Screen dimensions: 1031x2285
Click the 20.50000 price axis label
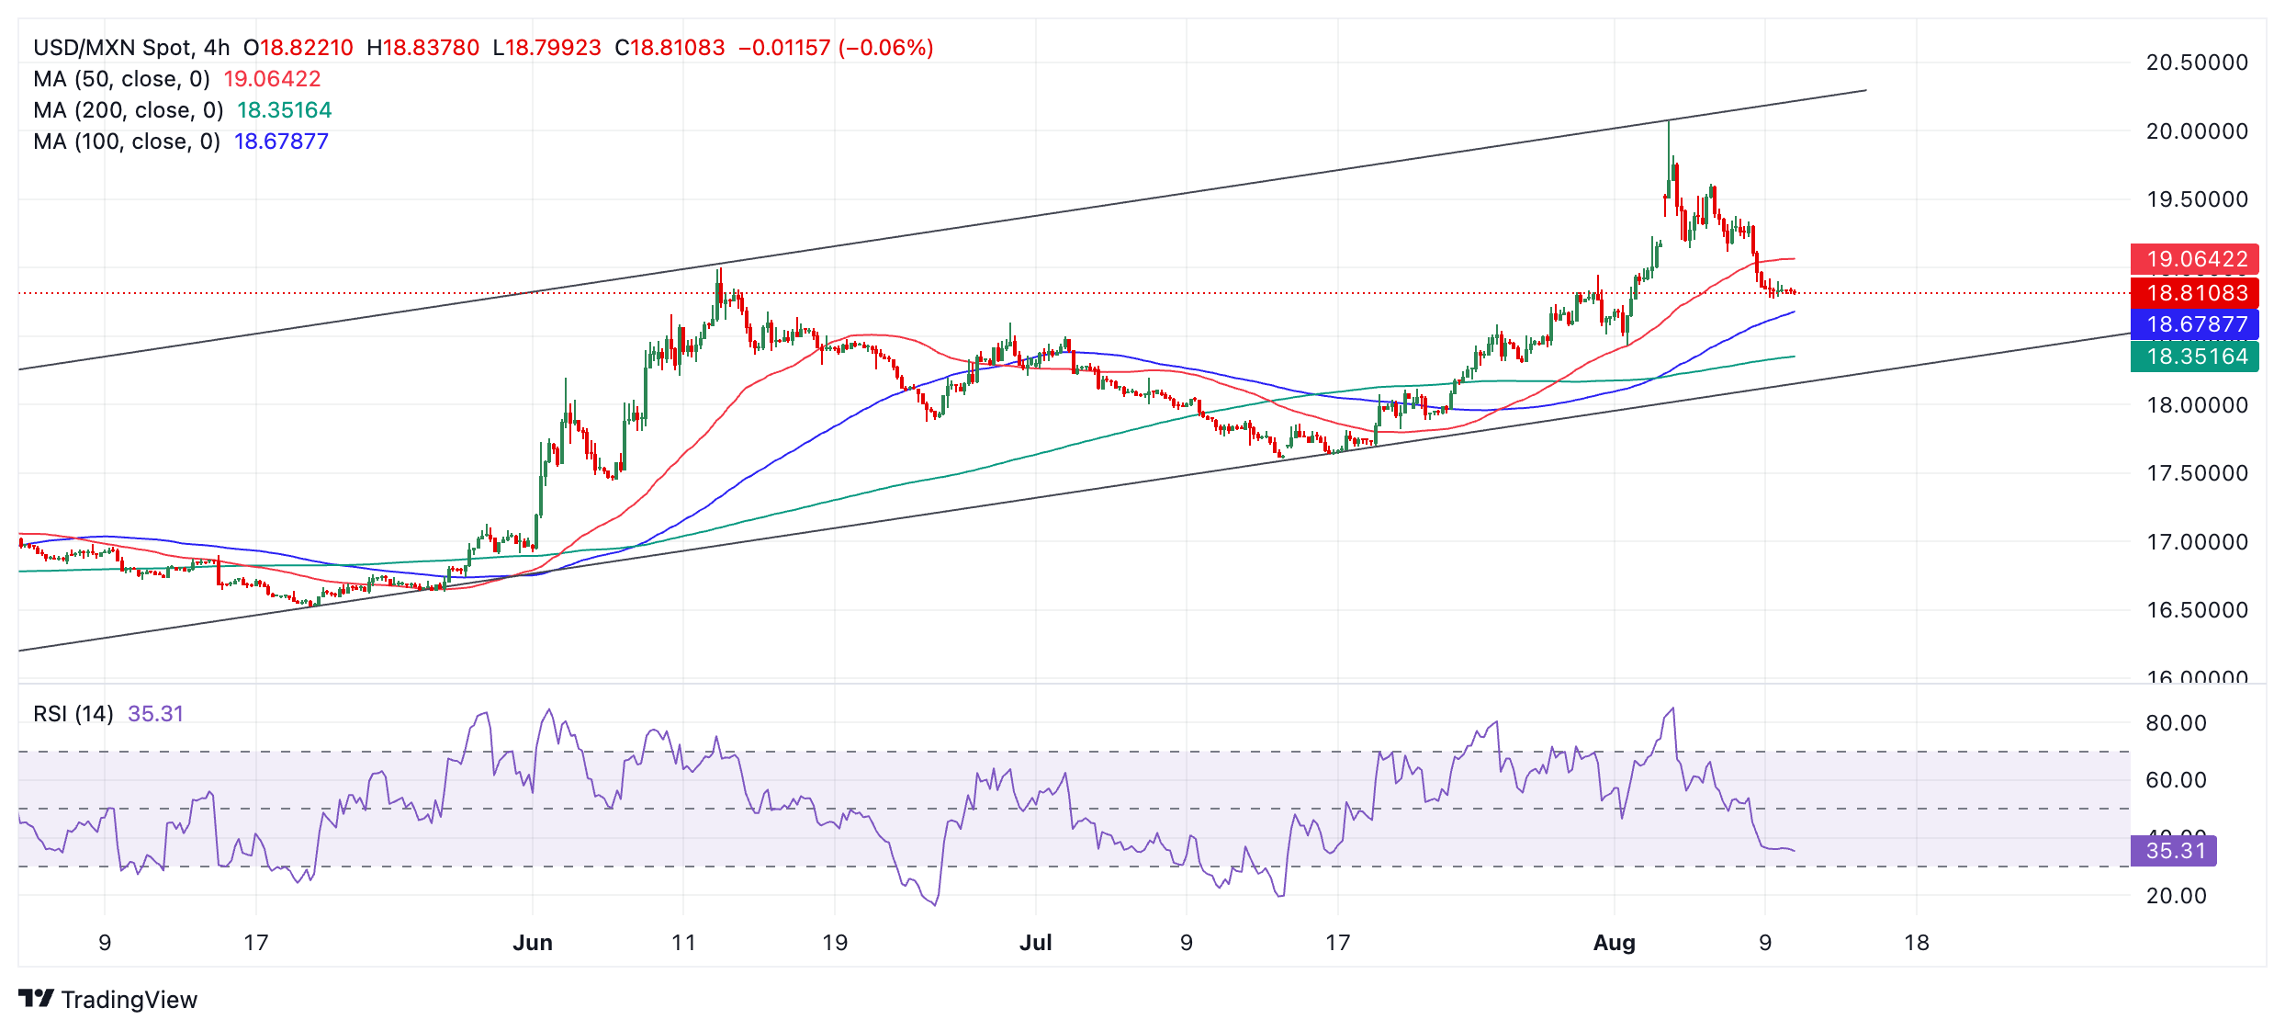(x=2196, y=62)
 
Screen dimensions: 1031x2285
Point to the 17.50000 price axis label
(x=2196, y=473)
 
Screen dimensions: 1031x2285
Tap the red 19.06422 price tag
(x=2195, y=259)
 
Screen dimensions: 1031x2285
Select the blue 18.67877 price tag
(x=2195, y=324)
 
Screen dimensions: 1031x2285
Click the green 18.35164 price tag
(x=2195, y=357)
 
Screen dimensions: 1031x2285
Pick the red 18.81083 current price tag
(x=2195, y=293)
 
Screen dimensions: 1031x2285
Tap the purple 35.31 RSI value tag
(x=2174, y=851)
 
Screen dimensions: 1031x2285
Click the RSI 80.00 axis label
(x=2176, y=723)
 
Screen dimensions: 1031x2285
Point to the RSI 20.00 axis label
(x=2176, y=896)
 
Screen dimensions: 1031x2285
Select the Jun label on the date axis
(x=533, y=943)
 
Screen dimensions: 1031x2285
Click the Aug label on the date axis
(x=1614, y=943)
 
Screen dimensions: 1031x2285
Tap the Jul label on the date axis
(x=1035, y=943)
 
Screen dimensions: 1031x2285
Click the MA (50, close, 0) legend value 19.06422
(x=272, y=79)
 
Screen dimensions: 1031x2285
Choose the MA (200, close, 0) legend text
(x=129, y=110)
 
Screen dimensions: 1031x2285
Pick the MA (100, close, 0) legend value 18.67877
(x=281, y=142)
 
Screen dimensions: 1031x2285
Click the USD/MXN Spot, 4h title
(x=131, y=48)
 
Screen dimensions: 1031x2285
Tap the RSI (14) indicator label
(x=73, y=714)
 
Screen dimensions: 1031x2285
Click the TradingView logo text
(x=129, y=1000)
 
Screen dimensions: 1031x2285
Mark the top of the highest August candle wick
(x=1669, y=121)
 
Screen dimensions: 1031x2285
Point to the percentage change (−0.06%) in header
(x=886, y=48)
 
